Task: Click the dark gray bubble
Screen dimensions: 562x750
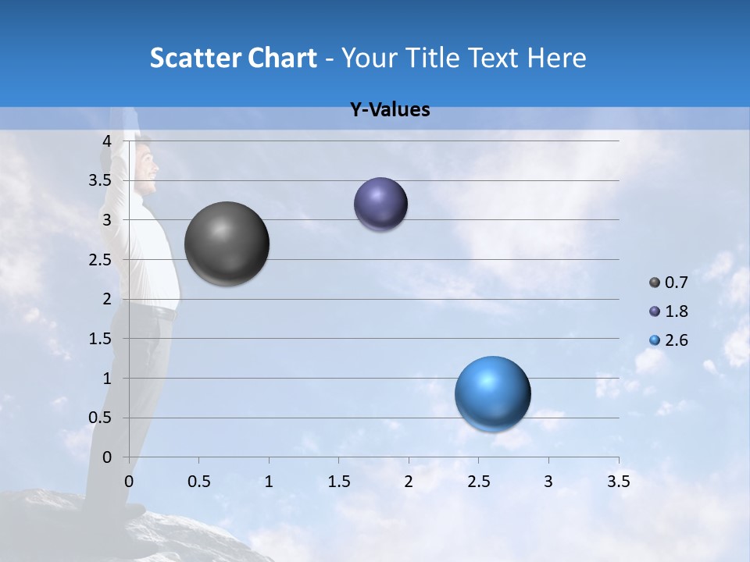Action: [x=227, y=244]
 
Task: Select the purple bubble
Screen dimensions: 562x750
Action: [x=380, y=204]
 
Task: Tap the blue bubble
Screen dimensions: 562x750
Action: [x=492, y=393]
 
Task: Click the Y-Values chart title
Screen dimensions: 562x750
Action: [x=390, y=110]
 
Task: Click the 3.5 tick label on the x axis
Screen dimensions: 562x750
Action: [x=618, y=482]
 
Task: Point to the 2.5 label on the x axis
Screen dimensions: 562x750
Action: [x=478, y=482]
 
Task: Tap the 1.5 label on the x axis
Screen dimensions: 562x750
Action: [x=338, y=482]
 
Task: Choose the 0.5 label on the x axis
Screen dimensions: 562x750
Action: [x=198, y=482]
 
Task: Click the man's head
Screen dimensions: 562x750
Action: [x=145, y=166]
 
